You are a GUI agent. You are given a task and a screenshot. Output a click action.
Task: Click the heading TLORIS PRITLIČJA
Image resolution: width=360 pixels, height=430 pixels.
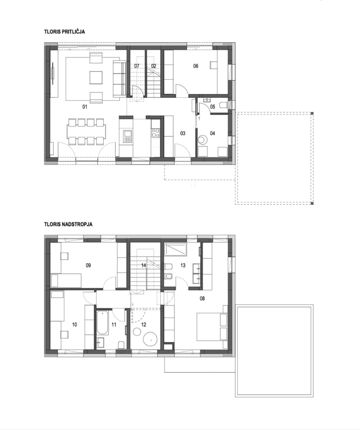(64, 32)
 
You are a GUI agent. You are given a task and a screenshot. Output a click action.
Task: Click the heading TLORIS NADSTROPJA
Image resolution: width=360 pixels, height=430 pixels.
(68, 224)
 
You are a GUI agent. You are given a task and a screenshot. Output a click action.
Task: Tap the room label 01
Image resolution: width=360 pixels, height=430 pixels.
(85, 107)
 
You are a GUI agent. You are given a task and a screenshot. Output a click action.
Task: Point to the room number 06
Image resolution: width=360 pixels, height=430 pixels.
(196, 66)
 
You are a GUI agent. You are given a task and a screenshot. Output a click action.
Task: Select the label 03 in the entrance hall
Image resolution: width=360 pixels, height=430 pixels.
(183, 133)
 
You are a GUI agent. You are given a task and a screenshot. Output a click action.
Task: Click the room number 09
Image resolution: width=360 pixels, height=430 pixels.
(88, 265)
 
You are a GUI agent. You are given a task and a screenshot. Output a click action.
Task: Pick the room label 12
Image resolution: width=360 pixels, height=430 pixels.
(144, 325)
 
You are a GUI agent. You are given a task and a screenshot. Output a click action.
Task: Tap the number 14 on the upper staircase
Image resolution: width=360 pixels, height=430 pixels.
(144, 265)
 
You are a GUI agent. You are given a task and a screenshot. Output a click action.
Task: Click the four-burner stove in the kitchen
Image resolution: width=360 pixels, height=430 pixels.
(155, 133)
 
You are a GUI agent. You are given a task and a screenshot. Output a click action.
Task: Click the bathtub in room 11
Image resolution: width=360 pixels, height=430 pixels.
(102, 323)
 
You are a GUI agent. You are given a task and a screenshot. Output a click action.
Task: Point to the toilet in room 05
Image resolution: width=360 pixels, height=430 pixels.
(223, 105)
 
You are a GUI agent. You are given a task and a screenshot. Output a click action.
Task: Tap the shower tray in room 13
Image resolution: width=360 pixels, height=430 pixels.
(175, 249)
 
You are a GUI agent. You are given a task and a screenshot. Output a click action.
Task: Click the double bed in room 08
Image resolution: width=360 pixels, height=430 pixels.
(212, 327)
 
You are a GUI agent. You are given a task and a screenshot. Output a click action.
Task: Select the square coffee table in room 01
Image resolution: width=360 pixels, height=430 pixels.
(96, 77)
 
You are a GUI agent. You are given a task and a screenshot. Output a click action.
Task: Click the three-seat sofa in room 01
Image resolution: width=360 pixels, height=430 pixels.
(119, 78)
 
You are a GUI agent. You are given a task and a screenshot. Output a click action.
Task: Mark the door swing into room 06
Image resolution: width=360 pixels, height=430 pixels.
(182, 89)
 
